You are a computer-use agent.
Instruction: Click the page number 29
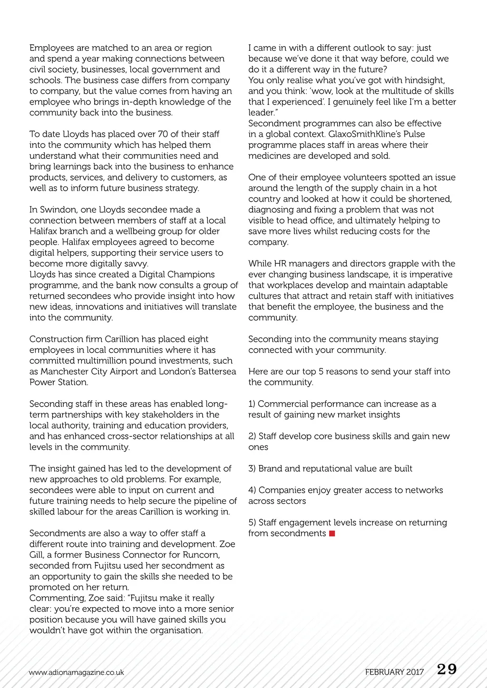tap(447, 669)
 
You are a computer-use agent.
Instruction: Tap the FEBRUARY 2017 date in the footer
tap(394, 672)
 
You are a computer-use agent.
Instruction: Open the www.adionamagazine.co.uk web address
tap(76, 672)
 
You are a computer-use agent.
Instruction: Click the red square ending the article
tap(332, 533)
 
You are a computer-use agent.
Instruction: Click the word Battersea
tap(215, 371)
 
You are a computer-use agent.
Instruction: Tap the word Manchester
tap(64, 371)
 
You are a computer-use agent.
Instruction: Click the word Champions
tap(190, 274)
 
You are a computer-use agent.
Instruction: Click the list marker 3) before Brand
tap(252, 468)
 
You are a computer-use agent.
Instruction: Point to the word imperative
tap(431, 274)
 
